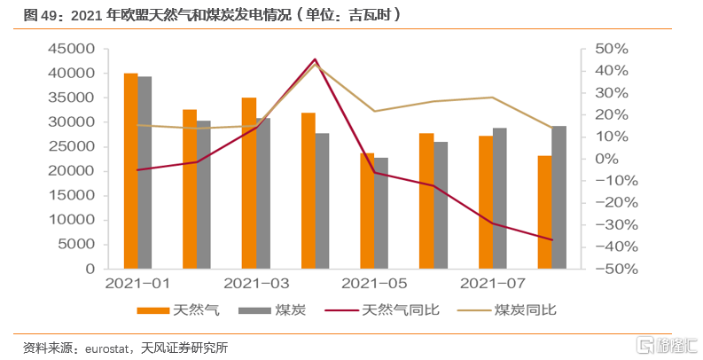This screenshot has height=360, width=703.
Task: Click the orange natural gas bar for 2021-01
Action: pyautogui.click(x=130, y=170)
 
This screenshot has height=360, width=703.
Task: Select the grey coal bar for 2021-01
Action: pyautogui.click(x=145, y=172)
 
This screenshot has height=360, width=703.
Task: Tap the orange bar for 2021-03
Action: pyautogui.click(x=249, y=183)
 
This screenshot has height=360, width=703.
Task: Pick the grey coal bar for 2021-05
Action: pyautogui.click(x=381, y=213)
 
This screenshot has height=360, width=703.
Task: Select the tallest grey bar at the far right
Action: pyautogui.click(x=559, y=197)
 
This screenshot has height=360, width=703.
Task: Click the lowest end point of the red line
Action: pyautogui.click(x=552, y=239)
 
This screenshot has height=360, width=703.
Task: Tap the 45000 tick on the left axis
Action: pyautogui.click(x=74, y=49)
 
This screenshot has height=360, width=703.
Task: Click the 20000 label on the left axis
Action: pyautogui.click(x=74, y=171)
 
